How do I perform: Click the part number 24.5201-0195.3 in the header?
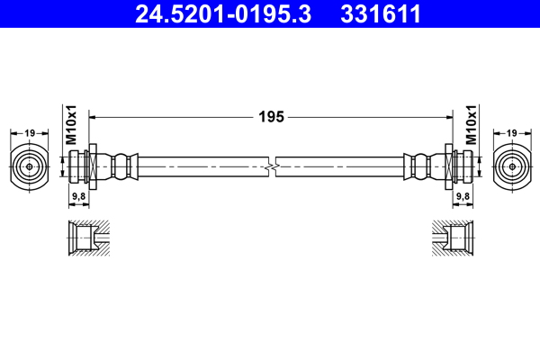221,13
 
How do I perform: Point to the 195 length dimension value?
271,116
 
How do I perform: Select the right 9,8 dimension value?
463,195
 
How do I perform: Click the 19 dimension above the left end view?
29,133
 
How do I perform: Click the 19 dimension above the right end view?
511,133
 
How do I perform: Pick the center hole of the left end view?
29,166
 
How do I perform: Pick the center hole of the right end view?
511,166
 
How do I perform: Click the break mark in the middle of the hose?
271,166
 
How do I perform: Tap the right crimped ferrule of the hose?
419,166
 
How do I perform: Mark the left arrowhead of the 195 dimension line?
95,116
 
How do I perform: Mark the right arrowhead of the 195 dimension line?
446,116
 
